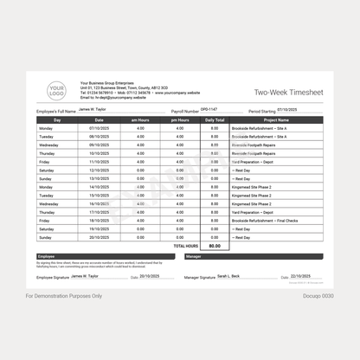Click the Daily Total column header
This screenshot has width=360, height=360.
tap(214, 119)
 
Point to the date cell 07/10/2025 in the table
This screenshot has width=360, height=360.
tap(99, 128)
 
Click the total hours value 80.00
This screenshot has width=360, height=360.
tap(214, 246)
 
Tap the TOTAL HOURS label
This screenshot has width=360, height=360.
tap(185, 246)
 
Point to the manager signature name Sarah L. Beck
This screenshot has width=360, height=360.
tap(229, 275)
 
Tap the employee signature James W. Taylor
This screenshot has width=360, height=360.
tap(85, 275)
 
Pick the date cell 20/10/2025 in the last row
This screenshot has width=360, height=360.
tap(99, 236)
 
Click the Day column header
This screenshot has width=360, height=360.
tap(57, 119)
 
